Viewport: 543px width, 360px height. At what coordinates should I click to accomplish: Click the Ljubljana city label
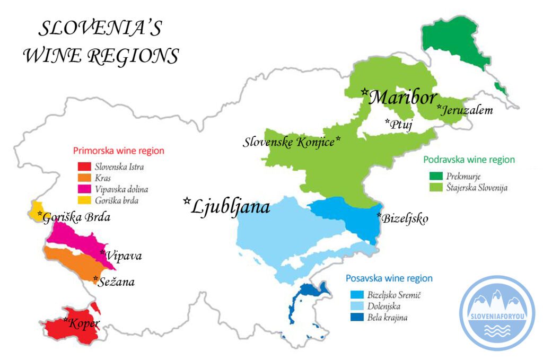coord(231,206)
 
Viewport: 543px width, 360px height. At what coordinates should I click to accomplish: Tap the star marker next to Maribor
coord(365,92)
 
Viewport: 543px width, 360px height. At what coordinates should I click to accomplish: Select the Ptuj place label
coord(401,125)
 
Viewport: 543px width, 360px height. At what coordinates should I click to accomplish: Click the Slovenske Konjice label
coord(289,142)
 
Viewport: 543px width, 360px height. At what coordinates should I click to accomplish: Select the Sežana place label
coord(117,282)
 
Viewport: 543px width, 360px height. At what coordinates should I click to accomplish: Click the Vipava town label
coord(124,256)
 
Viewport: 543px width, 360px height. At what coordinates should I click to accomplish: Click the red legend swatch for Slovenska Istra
coord(85,168)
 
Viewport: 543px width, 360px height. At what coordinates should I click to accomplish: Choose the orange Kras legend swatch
coord(85,178)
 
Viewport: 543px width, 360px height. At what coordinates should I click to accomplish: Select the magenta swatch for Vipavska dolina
coord(85,189)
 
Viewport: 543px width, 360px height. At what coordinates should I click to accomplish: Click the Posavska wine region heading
coord(389,278)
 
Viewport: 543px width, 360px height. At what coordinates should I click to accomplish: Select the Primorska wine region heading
coord(118,151)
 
